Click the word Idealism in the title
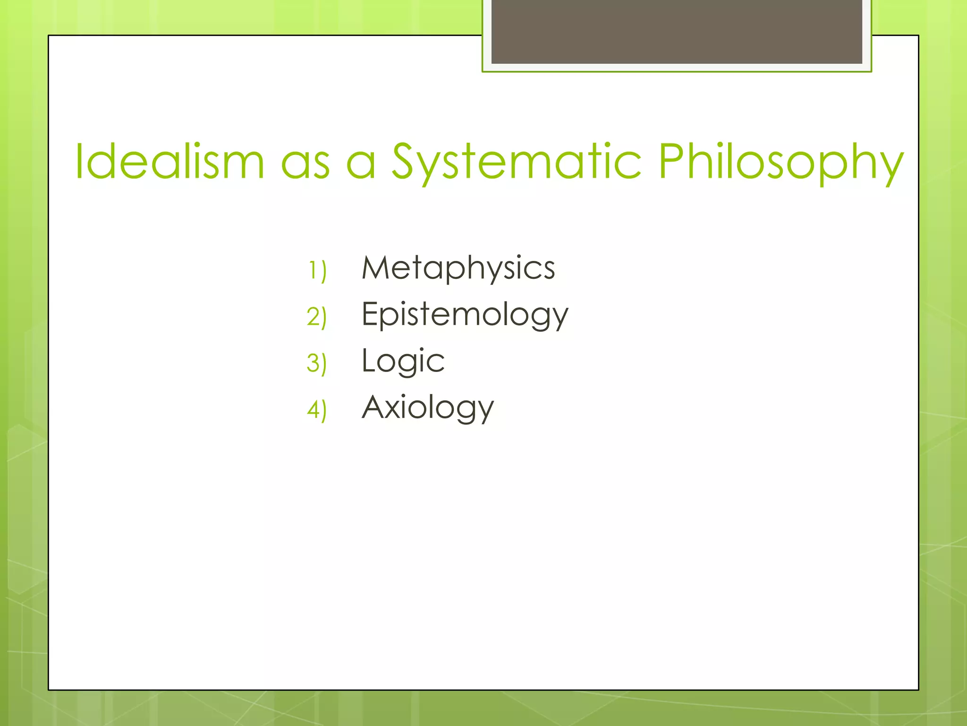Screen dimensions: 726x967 [169, 162]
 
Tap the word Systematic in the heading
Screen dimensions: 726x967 [517, 162]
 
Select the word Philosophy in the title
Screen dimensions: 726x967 [780, 162]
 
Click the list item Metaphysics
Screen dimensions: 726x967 [458, 268]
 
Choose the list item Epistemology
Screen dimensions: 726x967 [465, 314]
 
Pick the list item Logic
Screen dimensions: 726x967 [403, 361]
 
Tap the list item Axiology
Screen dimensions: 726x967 [428, 407]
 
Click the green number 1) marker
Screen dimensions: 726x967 [317, 271]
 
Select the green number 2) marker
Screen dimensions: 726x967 [317, 317]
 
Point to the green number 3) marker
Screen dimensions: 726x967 [317, 363]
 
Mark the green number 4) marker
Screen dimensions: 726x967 [317, 409]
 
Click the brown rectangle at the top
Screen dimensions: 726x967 [677, 31]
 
